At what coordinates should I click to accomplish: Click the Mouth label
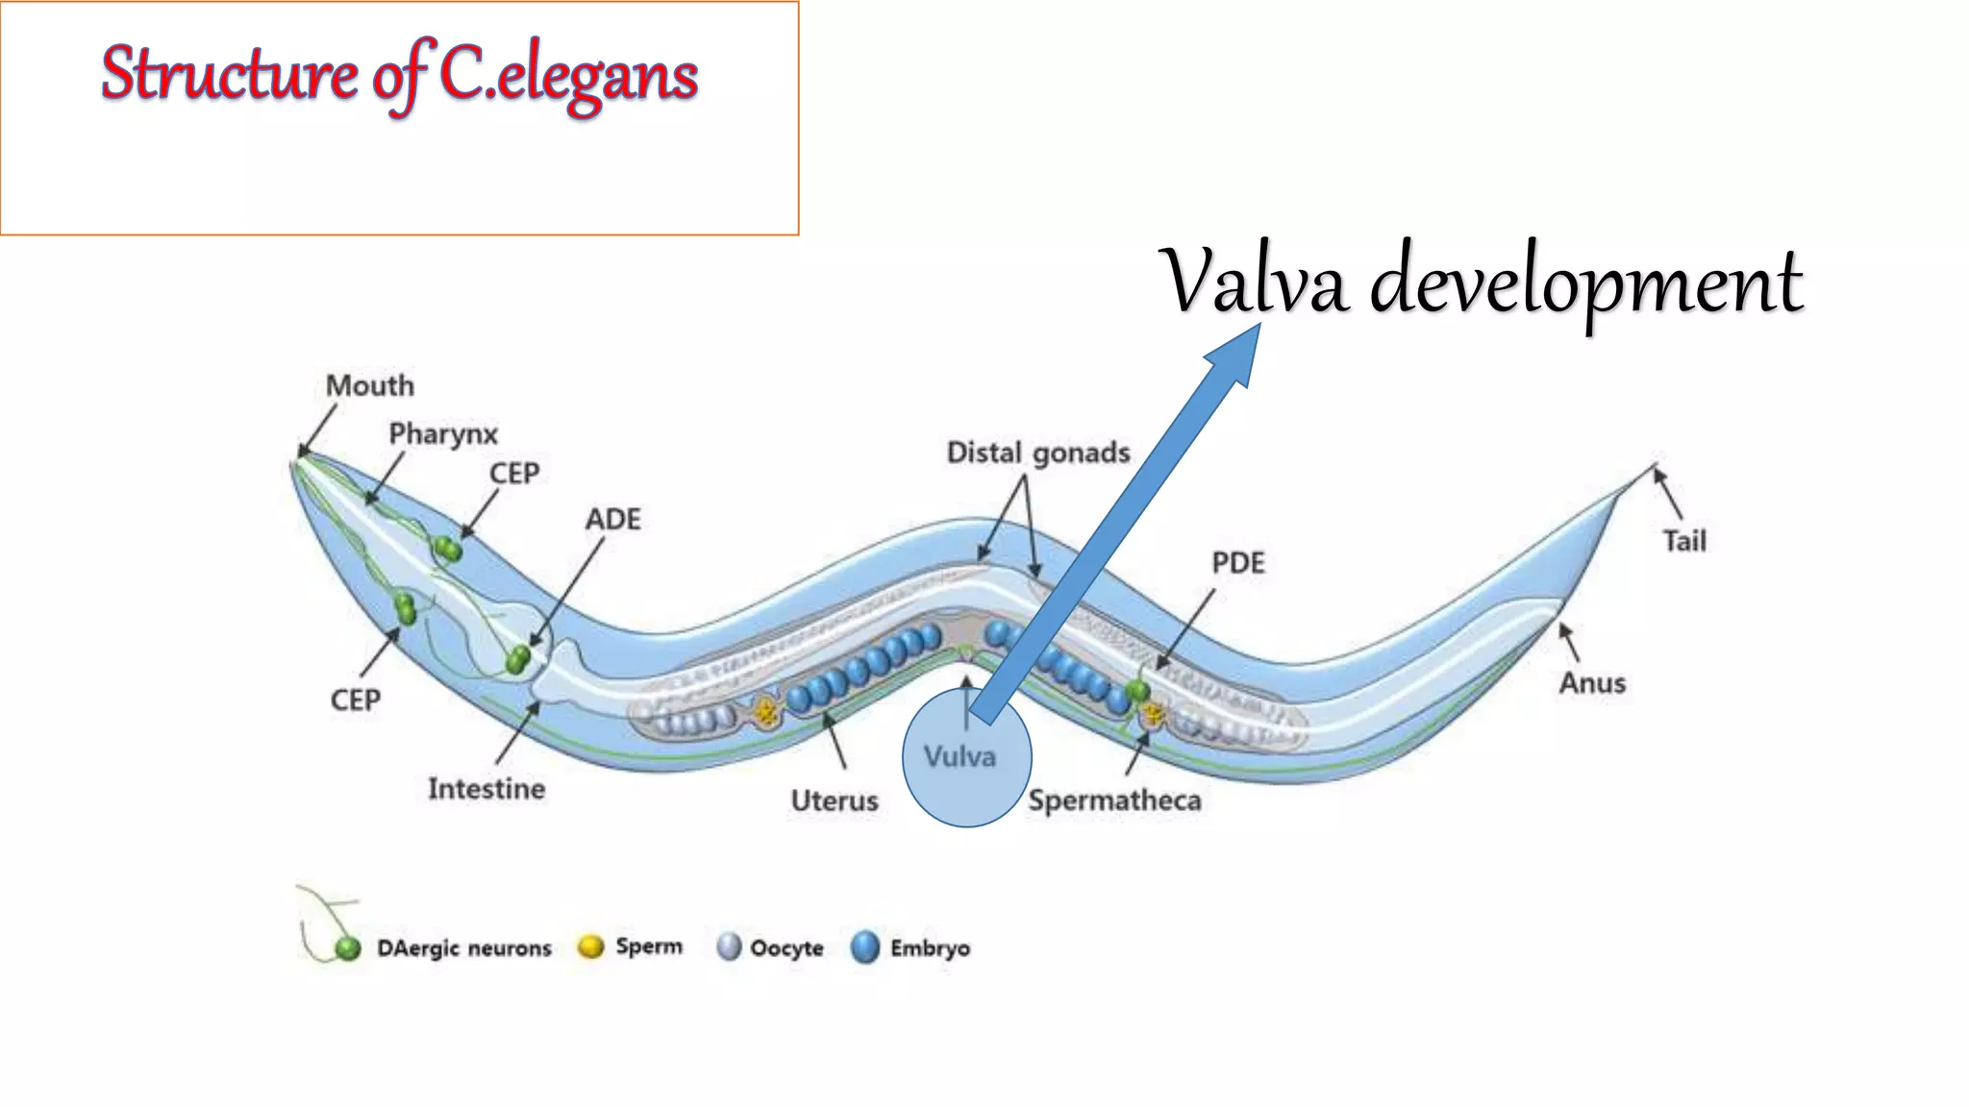click(370, 386)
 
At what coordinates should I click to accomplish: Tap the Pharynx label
click(443, 434)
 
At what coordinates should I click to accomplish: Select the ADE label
click(613, 520)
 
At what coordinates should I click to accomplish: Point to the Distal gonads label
click(1038, 453)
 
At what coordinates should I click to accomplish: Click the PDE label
click(1238, 563)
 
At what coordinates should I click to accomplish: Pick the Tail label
click(1684, 541)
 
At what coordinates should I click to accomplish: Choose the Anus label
click(1592, 683)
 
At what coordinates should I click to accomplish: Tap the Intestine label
click(486, 789)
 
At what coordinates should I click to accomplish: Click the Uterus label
click(835, 800)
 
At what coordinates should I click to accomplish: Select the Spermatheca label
click(1114, 800)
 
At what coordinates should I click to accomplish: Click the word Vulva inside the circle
click(960, 757)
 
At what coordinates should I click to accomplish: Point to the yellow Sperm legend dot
click(590, 947)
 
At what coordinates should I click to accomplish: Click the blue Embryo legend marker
click(865, 947)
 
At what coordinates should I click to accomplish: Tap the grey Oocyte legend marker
click(729, 947)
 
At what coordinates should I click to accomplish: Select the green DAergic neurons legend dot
click(347, 949)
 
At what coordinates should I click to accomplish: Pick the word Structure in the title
click(229, 75)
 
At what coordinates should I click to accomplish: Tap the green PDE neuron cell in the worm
click(1138, 690)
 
